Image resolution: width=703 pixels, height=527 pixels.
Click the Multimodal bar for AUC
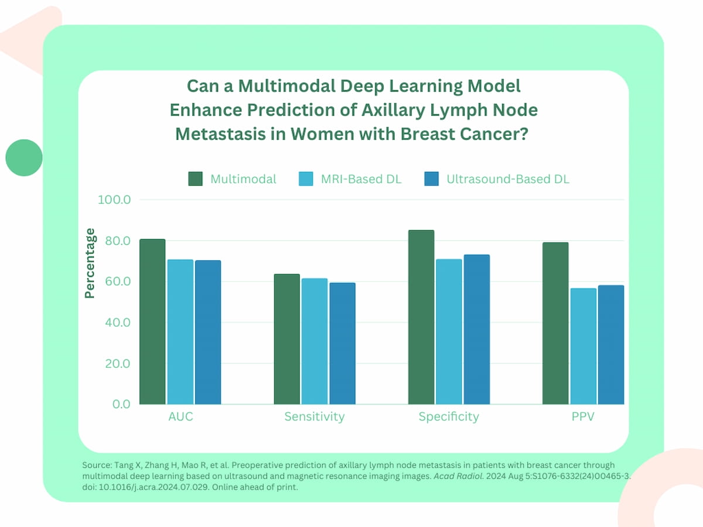pos(152,321)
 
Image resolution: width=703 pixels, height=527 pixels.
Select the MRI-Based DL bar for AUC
pos(180,331)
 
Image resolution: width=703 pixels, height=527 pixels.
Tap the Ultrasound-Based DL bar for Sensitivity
pos(342,343)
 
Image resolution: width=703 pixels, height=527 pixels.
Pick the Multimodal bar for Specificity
pos(421,317)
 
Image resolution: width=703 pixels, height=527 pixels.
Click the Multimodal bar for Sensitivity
pos(286,339)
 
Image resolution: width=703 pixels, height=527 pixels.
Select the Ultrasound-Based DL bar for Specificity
pos(476,329)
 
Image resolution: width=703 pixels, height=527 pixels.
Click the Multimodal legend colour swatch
pos(195,179)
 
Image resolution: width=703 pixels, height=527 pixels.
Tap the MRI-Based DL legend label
pos(361,179)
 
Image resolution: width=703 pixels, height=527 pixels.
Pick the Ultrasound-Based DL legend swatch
pos(431,179)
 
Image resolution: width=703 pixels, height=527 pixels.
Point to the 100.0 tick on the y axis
pos(114,200)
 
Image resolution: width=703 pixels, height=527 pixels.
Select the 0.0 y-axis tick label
pos(120,405)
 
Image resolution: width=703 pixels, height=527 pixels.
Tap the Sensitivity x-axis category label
pos(315,417)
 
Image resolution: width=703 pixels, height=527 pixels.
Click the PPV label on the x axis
pos(583,417)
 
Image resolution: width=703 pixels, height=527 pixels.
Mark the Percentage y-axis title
pos(90,263)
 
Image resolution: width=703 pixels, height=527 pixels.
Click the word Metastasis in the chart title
pos(218,134)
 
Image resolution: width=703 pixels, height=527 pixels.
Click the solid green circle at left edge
pos(24,158)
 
